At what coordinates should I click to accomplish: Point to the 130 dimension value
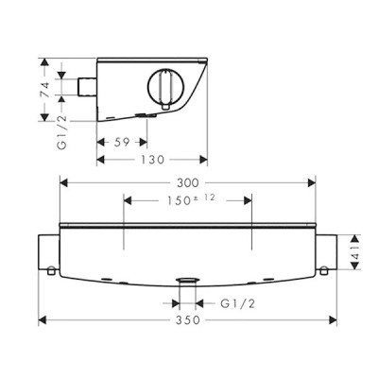tap(152, 162)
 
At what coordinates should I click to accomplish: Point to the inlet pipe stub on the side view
tap(88, 88)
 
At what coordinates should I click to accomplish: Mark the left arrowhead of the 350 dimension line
tap(43, 318)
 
